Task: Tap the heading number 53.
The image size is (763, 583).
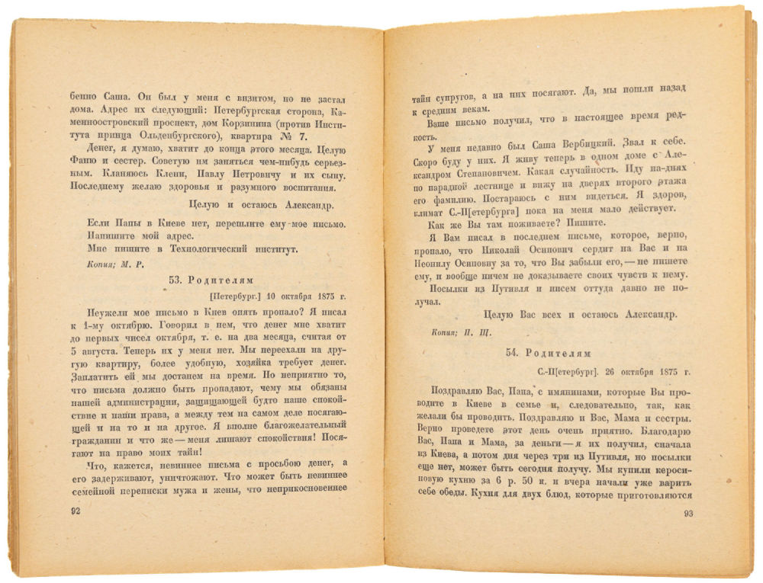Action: (175, 280)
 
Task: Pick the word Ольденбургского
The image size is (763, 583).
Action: (165, 137)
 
